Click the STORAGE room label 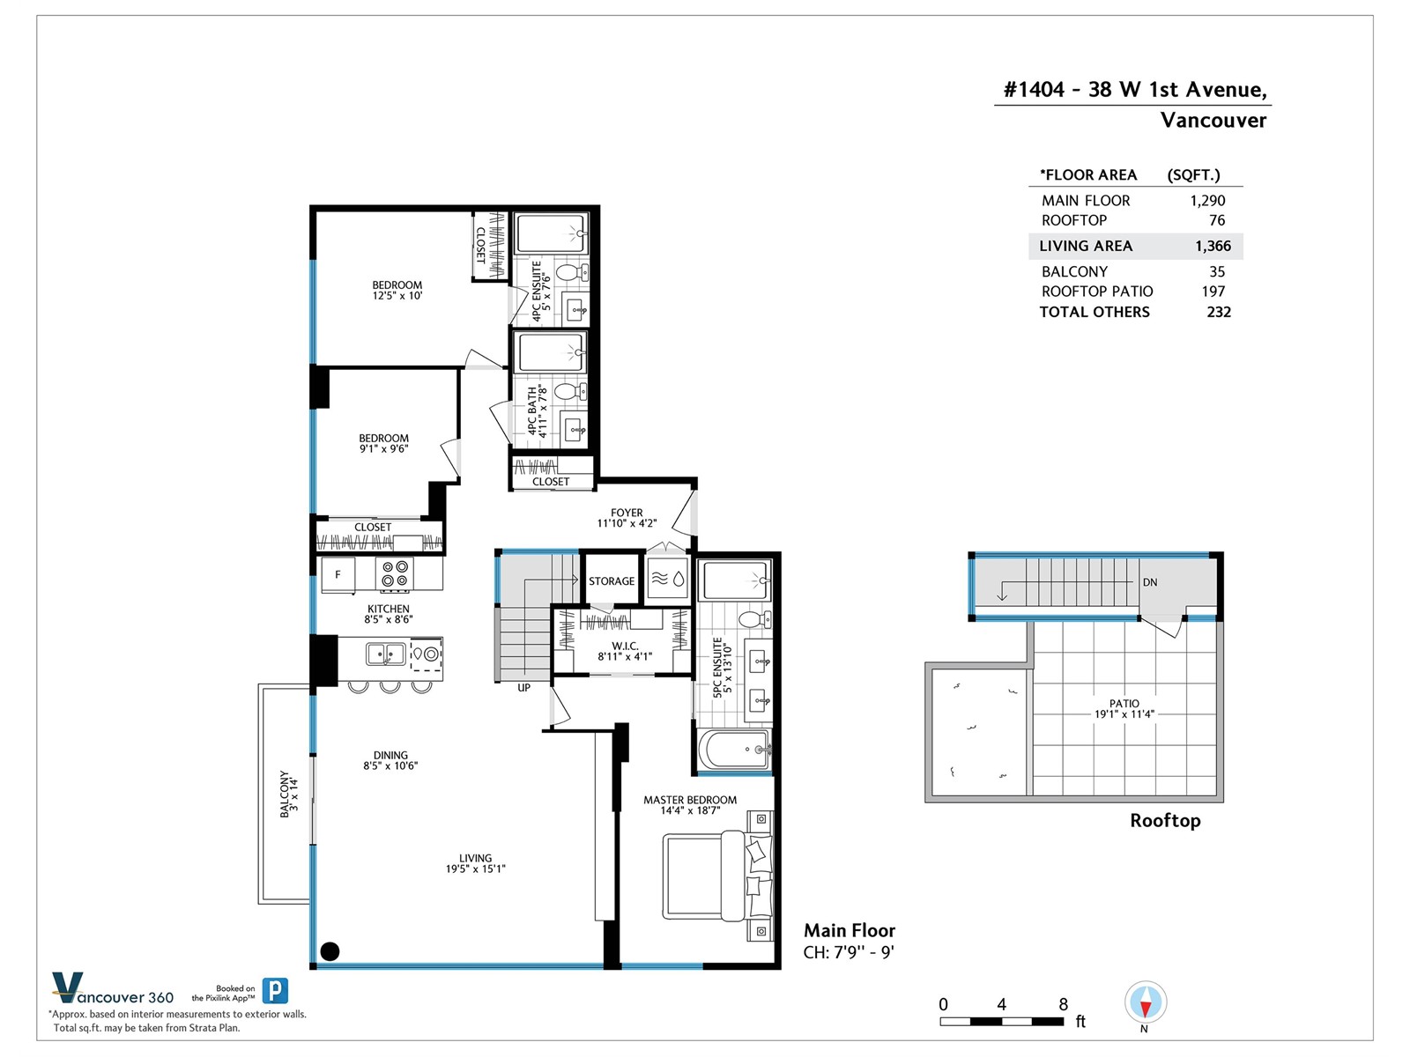click(611, 580)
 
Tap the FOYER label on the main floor click(627, 513)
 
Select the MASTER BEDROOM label click(690, 800)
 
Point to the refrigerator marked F click(338, 573)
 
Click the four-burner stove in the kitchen click(395, 573)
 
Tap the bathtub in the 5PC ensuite click(733, 750)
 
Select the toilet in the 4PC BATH click(571, 391)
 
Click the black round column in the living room click(330, 951)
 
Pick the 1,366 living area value click(1213, 246)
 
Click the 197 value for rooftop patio click(1213, 292)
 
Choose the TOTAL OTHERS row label click(1095, 312)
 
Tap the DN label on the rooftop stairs click(1150, 582)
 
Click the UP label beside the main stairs click(524, 687)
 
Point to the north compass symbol click(1146, 1002)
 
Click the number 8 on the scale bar click(1064, 1004)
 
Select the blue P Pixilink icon click(275, 991)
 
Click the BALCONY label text click(284, 794)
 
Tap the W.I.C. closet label click(625, 646)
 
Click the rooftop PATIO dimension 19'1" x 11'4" click(1124, 713)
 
